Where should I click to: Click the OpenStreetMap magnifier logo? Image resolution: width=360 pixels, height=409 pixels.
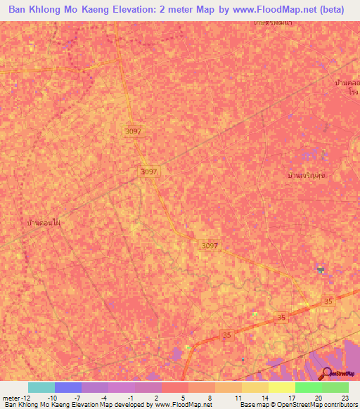pos(326,373)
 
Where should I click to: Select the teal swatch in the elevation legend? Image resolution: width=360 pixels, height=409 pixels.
pos(41,387)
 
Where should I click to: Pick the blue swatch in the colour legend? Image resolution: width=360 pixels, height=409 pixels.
pos(67,387)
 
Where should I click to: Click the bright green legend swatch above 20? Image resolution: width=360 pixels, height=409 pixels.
pos(308,387)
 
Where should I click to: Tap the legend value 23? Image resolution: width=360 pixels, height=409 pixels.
pos(345,398)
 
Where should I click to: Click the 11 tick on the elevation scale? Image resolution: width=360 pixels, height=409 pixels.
pos(238,398)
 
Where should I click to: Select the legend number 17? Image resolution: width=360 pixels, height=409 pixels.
pos(292,398)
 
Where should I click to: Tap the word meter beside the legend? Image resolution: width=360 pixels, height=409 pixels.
pos(12,398)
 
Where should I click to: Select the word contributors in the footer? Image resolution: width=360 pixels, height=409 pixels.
pos(339,405)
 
